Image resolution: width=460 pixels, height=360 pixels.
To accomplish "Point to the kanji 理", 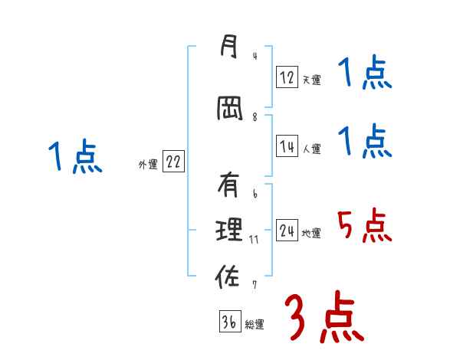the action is pyautogui.click(x=228, y=229).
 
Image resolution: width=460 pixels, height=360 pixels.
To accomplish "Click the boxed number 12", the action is pyautogui.click(x=287, y=77).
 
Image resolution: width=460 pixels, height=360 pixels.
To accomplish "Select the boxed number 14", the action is pyautogui.click(x=287, y=147).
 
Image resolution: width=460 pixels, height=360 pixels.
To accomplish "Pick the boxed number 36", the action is pyautogui.click(x=229, y=322).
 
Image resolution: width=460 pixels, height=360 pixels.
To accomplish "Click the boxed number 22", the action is pyautogui.click(x=173, y=163).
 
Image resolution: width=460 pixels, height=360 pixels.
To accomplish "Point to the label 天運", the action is pyautogui.click(x=311, y=80).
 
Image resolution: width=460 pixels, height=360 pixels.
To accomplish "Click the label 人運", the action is pyautogui.click(x=311, y=149).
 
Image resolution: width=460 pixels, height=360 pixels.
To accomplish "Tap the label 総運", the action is pyautogui.click(x=255, y=325).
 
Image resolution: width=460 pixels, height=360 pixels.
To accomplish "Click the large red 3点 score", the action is pyautogui.click(x=324, y=316).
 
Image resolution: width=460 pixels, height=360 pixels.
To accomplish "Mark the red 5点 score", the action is pyautogui.click(x=364, y=225).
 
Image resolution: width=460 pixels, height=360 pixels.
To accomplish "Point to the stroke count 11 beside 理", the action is pyautogui.click(x=255, y=239).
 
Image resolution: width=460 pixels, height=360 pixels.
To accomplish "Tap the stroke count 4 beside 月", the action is pyautogui.click(x=254, y=55).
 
